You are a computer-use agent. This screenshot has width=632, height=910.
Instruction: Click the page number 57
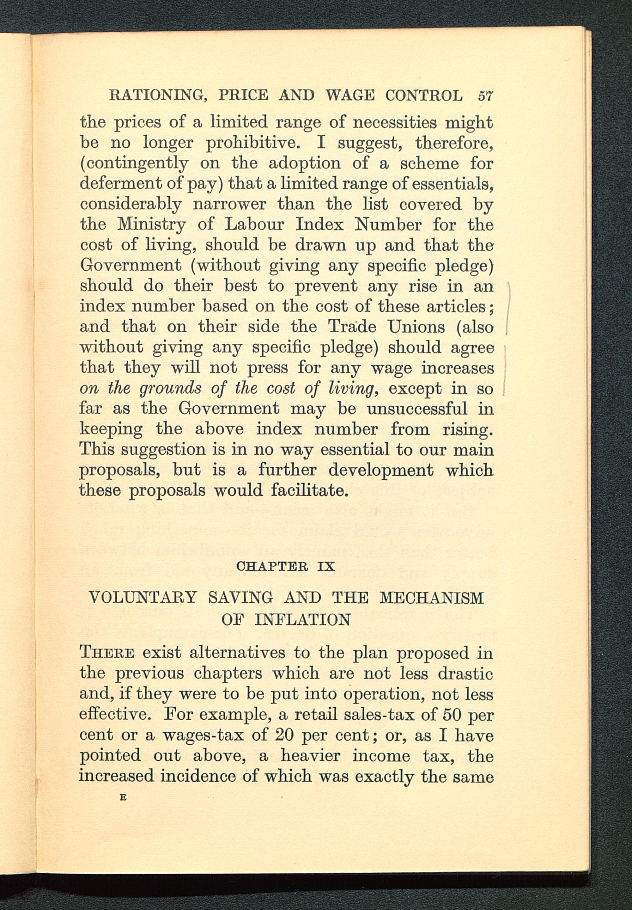point(485,96)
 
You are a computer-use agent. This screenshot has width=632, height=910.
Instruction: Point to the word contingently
point(134,163)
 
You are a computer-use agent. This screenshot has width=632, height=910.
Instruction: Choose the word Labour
point(255,224)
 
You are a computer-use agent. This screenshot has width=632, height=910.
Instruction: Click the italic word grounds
point(171,389)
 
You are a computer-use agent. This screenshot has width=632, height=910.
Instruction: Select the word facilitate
point(310,490)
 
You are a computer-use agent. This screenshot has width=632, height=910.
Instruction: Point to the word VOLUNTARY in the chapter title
point(143,597)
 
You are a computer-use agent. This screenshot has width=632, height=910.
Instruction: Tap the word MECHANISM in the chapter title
point(432,597)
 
